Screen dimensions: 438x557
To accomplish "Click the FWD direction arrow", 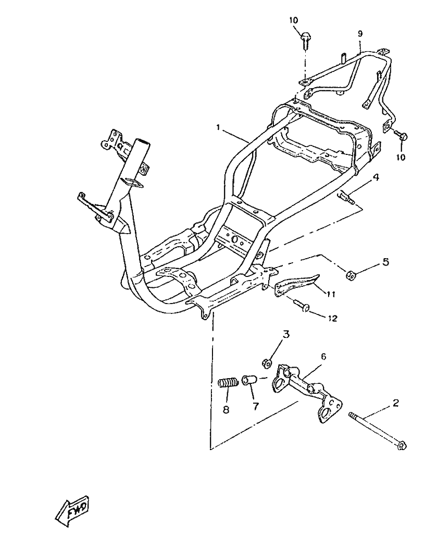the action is tap(72, 511).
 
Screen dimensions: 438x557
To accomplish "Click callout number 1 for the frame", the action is tap(219, 127).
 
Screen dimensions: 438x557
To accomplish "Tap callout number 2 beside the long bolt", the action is tap(396, 403).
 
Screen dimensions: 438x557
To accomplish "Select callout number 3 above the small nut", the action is tap(286, 334).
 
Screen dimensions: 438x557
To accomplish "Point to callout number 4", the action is tap(376, 177).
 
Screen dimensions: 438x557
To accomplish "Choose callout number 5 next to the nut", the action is tap(385, 262).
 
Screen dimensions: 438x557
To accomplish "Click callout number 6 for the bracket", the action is tap(323, 356).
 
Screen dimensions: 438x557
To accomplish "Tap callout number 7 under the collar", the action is tap(256, 406).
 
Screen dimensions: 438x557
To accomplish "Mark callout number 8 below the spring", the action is tap(226, 409).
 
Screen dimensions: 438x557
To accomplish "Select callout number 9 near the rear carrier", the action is tap(360, 34).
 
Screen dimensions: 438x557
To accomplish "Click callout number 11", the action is tap(331, 294).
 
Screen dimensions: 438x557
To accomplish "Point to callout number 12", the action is tap(332, 318).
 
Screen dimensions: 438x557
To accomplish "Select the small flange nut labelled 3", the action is tap(267, 363).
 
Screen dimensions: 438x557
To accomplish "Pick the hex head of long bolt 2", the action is tap(402, 445).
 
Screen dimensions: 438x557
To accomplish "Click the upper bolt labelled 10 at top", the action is tap(305, 40).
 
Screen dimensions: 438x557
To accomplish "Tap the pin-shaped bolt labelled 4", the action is tap(346, 197).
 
